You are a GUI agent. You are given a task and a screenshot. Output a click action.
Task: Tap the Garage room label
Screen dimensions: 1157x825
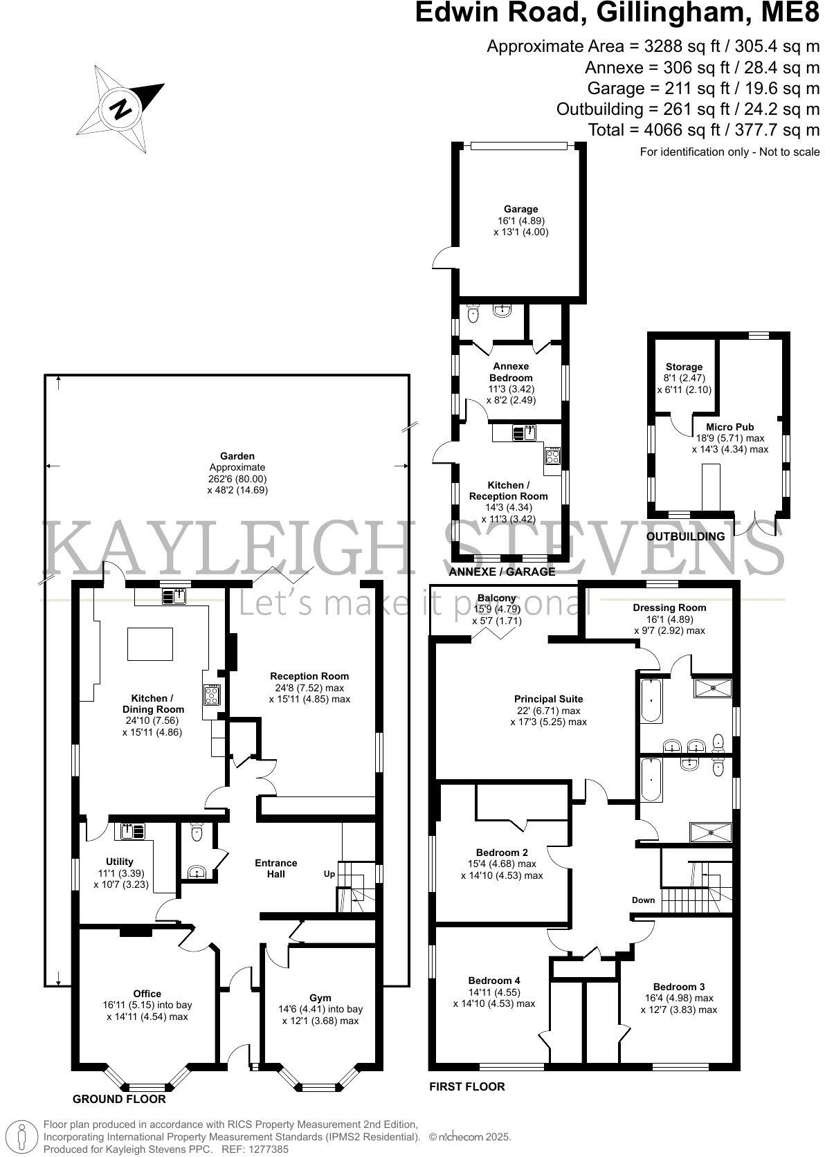pyautogui.click(x=520, y=209)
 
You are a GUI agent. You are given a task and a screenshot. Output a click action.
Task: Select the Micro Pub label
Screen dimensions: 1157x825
pyautogui.click(x=729, y=427)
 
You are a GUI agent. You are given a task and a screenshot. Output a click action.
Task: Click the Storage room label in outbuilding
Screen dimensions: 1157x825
pyautogui.click(x=684, y=367)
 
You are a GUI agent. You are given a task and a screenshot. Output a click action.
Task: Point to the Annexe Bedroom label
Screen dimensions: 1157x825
pyautogui.click(x=511, y=372)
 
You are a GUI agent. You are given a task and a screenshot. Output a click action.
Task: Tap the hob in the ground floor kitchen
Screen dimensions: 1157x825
pyautogui.click(x=211, y=695)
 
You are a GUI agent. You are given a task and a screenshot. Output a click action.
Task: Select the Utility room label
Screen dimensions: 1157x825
pyautogui.click(x=120, y=862)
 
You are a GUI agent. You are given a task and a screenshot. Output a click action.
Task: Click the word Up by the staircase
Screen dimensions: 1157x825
pyautogui.click(x=329, y=874)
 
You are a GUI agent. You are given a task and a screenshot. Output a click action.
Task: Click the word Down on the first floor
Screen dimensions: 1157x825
pyautogui.click(x=643, y=900)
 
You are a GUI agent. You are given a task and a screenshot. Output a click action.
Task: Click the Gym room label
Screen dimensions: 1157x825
pyautogui.click(x=320, y=998)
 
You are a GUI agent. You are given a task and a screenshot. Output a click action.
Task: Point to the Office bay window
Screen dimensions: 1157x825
pyautogui.click(x=147, y=1086)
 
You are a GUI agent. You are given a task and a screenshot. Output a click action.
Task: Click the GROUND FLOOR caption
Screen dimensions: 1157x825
pyautogui.click(x=120, y=1099)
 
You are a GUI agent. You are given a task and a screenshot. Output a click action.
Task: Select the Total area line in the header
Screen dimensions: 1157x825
pyautogui.click(x=703, y=129)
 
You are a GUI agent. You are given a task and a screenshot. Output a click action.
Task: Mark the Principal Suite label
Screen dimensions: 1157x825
pyautogui.click(x=548, y=699)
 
